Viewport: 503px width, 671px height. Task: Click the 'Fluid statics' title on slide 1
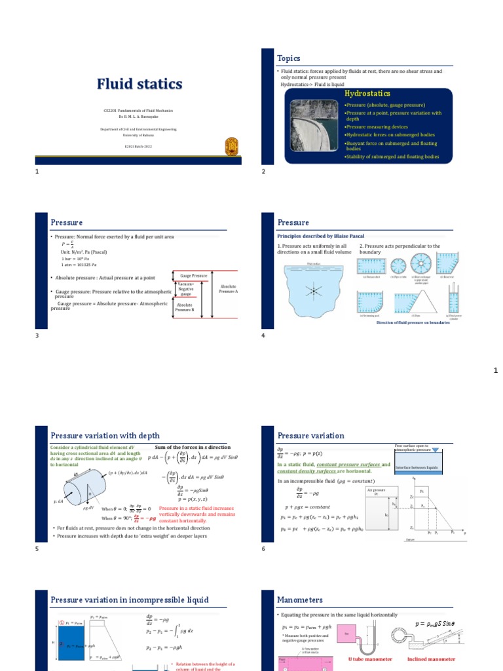click(140, 84)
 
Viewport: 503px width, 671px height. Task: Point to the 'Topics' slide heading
click(289, 58)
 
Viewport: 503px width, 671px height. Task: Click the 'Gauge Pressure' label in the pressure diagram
click(194, 276)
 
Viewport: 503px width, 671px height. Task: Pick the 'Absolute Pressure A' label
click(229, 289)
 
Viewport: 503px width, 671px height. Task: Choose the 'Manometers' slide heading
click(300, 599)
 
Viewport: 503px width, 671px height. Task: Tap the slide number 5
click(37, 549)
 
